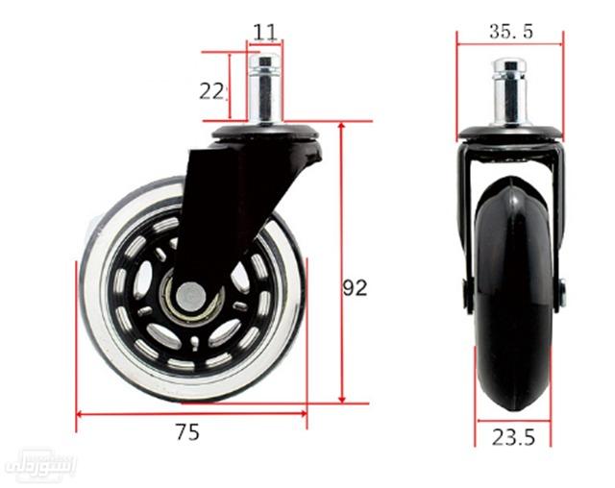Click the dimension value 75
tap(187, 433)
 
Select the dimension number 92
tap(356, 287)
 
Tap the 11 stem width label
tap(265, 32)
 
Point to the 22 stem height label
tap(212, 91)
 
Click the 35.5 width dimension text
tap(511, 32)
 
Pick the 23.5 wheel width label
tap(514, 437)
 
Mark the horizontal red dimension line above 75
tap(191, 415)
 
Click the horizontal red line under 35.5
tap(510, 43)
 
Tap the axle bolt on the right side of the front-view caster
tap(562, 293)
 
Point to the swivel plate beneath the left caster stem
tap(265, 131)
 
